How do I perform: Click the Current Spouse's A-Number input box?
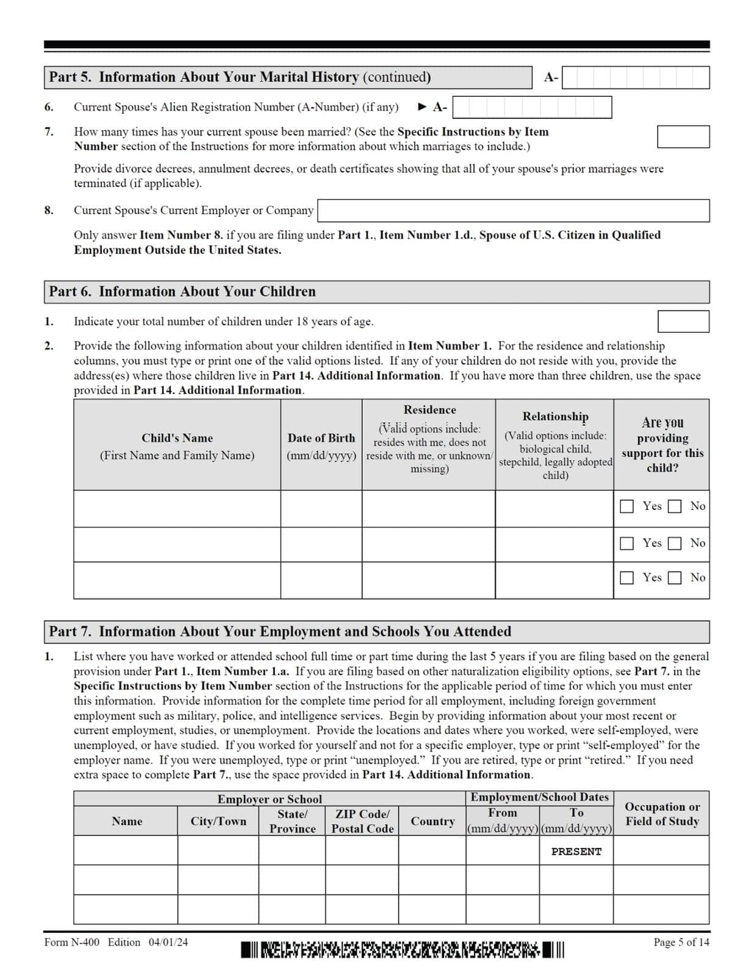point(531,107)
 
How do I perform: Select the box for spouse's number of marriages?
point(683,137)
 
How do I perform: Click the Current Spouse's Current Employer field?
point(513,210)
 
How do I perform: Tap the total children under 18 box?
point(683,321)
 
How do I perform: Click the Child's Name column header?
point(177,446)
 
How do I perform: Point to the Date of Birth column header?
point(321,446)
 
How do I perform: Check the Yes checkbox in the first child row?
point(627,506)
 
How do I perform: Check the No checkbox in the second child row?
point(674,544)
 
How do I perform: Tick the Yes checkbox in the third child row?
point(627,578)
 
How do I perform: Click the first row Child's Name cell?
point(177,509)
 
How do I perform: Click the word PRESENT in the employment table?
point(576,852)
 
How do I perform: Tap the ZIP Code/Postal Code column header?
point(362,821)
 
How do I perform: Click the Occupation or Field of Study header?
point(661,814)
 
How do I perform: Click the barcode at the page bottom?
point(402,950)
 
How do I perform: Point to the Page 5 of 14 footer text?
point(681,942)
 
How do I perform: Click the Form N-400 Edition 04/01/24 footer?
point(116,942)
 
